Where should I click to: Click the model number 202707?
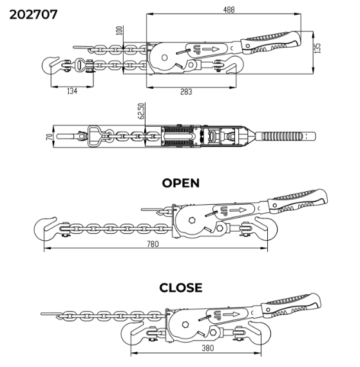click(33, 15)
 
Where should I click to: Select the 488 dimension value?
click(229, 10)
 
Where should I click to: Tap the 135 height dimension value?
click(317, 48)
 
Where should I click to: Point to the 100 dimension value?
click(119, 31)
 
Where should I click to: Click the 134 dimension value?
click(72, 91)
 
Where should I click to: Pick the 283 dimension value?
click(186, 91)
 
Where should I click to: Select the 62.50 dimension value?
click(142, 111)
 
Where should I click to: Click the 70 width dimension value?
click(50, 137)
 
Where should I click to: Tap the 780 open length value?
click(153, 244)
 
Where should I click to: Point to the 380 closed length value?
click(207, 348)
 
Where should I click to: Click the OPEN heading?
click(181, 183)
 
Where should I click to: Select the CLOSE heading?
click(181, 288)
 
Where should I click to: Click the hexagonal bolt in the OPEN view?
click(192, 220)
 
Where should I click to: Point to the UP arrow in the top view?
click(210, 49)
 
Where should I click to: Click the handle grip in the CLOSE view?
click(291, 306)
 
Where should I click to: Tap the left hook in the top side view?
click(50, 65)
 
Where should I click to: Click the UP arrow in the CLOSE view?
click(231, 314)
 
